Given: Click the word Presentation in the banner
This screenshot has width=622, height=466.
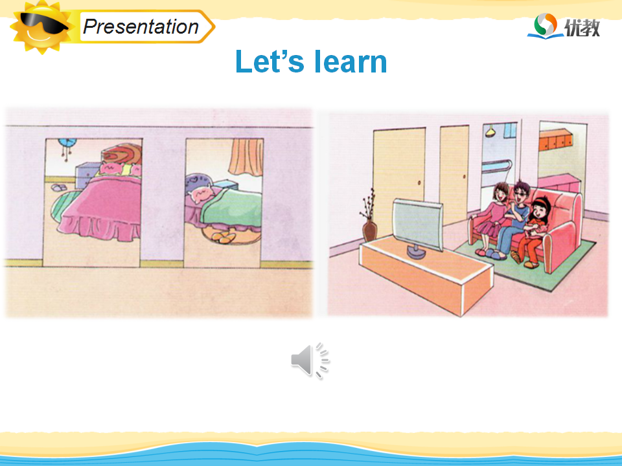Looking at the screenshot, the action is click(x=141, y=27).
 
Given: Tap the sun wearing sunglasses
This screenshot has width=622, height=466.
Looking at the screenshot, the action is click(x=41, y=26).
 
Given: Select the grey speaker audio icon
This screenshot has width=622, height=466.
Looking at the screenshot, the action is click(x=310, y=361).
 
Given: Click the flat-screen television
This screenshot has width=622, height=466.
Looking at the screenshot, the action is click(x=419, y=227).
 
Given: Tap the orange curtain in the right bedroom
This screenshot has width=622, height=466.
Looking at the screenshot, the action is click(x=246, y=157).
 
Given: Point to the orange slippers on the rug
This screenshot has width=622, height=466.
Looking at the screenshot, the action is click(x=224, y=238).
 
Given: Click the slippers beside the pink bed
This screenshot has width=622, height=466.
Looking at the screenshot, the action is click(x=59, y=188).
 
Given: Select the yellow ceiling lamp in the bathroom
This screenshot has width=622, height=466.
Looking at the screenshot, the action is click(x=490, y=131).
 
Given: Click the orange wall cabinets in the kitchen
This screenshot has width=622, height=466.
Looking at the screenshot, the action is click(x=555, y=140).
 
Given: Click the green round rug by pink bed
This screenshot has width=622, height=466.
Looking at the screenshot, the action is click(x=63, y=205).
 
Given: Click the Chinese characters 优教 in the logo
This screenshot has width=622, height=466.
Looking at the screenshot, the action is click(x=582, y=28).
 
